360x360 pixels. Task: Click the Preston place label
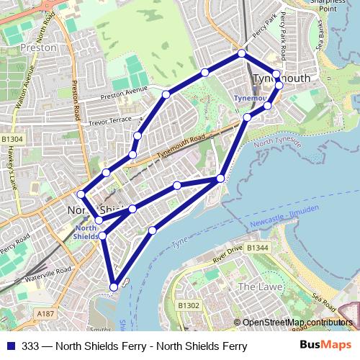click(39, 48)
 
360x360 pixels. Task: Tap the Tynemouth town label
click(282, 78)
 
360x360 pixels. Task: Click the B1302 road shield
click(189, 306)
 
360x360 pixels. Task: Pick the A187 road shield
click(45, 314)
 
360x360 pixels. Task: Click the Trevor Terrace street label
click(110, 122)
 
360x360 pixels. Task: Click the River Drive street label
click(228, 256)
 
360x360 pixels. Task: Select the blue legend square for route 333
click(10, 346)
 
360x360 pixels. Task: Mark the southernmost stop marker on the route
click(113, 287)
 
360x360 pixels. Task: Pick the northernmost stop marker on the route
click(242, 54)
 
